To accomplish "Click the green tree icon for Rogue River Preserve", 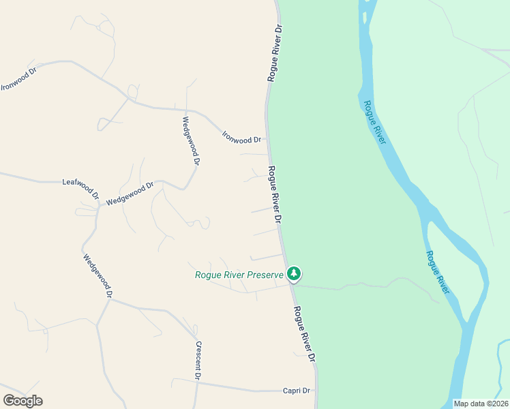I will point(294,274).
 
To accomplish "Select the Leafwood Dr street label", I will point(80,184).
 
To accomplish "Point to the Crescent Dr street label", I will point(198,360).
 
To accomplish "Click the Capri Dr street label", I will point(297,391).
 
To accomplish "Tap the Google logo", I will point(22,401).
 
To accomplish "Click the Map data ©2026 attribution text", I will point(481,404).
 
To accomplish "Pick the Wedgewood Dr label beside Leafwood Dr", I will point(130,193).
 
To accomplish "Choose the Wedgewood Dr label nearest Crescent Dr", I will point(97,276).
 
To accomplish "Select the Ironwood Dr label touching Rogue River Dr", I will point(242,136).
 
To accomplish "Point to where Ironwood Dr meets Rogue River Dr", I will point(267,142).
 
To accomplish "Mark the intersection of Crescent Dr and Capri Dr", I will point(197,383).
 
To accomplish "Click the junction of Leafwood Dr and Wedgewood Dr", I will point(100,204).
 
